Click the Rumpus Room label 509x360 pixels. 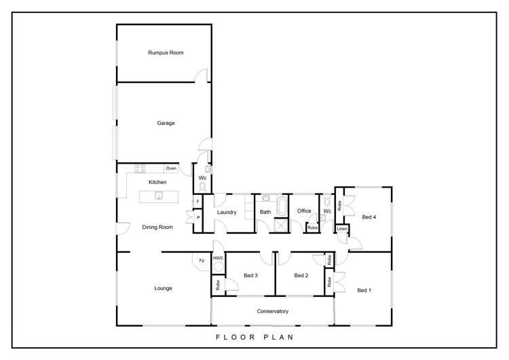pyautogui.click(x=166, y=52)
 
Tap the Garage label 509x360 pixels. pyautogui.click(x=166, y=123)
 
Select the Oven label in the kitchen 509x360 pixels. pyautogui.click(x=171, y=168)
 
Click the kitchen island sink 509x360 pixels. pyautogui.click(x=158, y=196)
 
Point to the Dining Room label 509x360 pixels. pyautogui.click(x=157, y=227)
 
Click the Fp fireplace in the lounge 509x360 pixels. pyautogui.click(x=202, y=260)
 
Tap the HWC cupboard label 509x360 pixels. pyautogui.click(x=218, y=258)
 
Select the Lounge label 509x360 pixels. pyautogui.click(x=163, y=288)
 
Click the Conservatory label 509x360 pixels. pyautogui.click(x=273, y=311)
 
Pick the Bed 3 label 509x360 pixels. pyautogui.click(x=250, y=275)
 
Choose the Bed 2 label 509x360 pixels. pyautogui.click(x=301, y=275)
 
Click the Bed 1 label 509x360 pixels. pyautogui.click(x=364, y=290)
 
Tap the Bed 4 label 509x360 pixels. pyautogui.click(x=369, y=217)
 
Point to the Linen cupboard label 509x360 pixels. pyautogui.click(x=342, y=229)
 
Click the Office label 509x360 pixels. pyautogui.click(x=304, y=211)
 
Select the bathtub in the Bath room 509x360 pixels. pyautogui.click(x=280, y=205)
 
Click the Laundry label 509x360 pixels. pyautogui.click(x=227, y=212)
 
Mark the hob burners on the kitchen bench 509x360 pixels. pyautogui.click(x=141, y=168)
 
